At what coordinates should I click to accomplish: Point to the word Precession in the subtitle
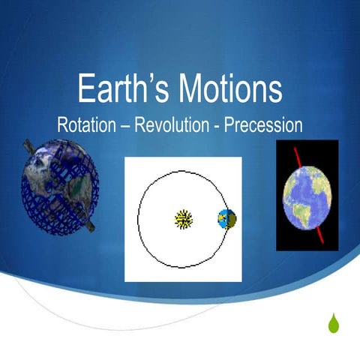(x=263, y=124)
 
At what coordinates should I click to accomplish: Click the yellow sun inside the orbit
(x=184, y=219)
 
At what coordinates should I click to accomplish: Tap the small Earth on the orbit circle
(x=226, y=219)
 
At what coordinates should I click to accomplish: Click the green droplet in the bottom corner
(x=334, y=323)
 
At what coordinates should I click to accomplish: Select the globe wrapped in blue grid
(x=58, y=185)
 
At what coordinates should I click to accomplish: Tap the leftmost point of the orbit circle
(x=138, y=219)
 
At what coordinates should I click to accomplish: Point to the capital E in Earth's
(x=85, y=89)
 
